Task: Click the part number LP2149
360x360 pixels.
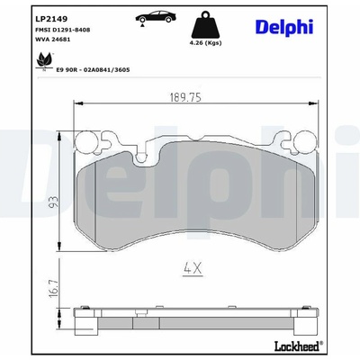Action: click(x=51, y=19)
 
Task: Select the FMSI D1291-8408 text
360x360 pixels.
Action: click(x=63, y=30)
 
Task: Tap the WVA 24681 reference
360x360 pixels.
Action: click(x=53, y=40)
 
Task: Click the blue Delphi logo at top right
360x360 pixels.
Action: click(x=284, y=27)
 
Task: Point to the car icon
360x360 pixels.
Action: click(x=155, y=17)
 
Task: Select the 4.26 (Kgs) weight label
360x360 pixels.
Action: click(x=205, y=43)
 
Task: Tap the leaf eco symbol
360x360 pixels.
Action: click(x=44, y=60)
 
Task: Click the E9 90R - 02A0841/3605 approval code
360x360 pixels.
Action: click(x=93, y=70)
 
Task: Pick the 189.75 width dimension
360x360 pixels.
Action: click(x=185, y=97)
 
